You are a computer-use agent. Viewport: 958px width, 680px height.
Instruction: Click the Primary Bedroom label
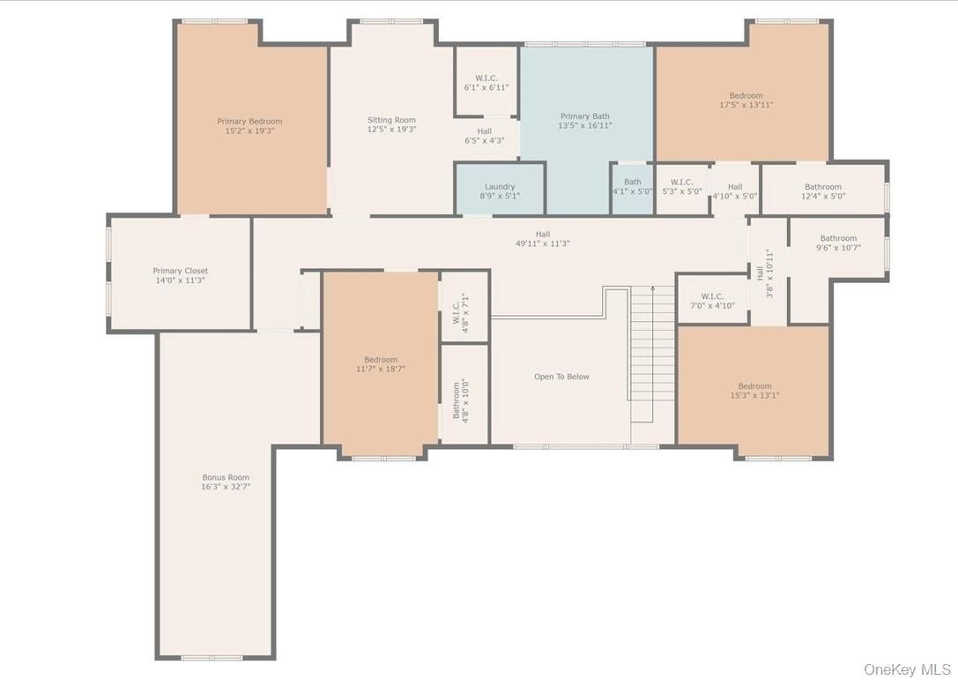249,121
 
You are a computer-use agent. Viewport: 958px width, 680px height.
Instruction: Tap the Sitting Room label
391,120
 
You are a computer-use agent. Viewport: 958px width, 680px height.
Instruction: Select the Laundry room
500,189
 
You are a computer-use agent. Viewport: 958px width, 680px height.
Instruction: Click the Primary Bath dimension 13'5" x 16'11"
584,125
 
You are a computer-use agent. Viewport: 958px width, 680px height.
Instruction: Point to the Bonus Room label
226,477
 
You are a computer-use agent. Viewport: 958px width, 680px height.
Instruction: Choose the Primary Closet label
181,270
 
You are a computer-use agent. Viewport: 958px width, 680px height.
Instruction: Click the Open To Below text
561,377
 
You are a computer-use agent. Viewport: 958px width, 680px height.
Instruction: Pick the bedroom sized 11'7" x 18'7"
380,364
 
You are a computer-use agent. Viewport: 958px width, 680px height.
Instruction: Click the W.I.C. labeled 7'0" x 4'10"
712,299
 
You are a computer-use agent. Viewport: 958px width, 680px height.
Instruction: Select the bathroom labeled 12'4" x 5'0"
823,191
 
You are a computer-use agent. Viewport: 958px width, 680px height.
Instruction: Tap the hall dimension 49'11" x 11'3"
543,243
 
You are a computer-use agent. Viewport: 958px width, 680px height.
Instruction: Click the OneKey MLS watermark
907,669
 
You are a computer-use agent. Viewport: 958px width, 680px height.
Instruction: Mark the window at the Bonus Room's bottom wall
212,658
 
